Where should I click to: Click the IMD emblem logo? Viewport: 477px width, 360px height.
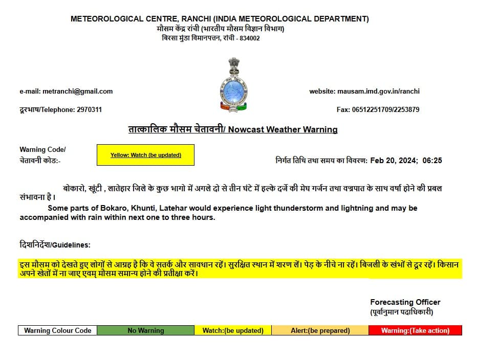coord(234,85)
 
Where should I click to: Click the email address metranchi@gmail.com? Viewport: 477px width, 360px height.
coord(77,92)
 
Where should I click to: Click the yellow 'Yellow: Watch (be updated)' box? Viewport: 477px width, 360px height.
coord(145,155)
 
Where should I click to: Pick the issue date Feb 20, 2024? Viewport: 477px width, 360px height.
coord(393,161)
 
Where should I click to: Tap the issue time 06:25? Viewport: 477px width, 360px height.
coord(432,161)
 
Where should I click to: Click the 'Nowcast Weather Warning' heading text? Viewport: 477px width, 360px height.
coord(283,129)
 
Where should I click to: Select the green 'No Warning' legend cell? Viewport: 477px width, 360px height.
coord(146,330)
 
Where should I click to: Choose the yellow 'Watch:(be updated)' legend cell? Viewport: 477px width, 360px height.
coord(233,330)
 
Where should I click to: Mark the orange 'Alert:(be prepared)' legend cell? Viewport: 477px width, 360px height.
coord(320,330)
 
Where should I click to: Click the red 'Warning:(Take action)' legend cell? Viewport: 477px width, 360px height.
coord(415,330)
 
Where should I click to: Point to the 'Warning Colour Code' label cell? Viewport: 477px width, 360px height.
coord(58,330)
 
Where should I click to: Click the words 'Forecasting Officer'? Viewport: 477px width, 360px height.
coord(405,302)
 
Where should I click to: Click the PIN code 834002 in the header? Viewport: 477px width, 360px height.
coord(249,38)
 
